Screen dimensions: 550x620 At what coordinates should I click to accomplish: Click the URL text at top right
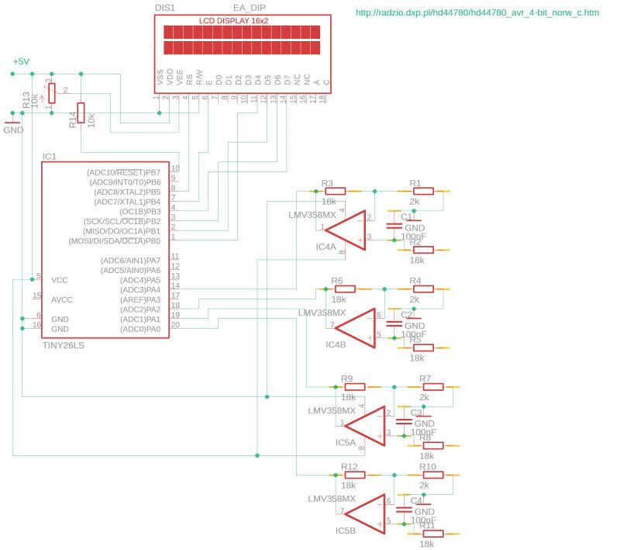477,13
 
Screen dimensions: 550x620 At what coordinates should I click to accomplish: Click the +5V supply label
21,62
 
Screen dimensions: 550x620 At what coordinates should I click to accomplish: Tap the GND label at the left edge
13,130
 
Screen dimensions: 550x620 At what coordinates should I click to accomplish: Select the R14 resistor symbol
81,113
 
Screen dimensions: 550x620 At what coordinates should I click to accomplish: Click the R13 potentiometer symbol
52,93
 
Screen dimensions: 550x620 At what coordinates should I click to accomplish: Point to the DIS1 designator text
165,6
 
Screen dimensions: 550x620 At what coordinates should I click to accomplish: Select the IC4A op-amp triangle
344,230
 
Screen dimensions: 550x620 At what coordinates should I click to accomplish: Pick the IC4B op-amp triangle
354,327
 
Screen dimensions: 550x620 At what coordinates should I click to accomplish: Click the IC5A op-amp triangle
363,425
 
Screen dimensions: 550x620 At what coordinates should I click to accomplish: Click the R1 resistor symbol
425,191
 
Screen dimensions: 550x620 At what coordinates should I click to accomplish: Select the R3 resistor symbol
335,191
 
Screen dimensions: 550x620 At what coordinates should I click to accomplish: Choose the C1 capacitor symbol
394,225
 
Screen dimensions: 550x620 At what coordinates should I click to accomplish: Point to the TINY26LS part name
64,345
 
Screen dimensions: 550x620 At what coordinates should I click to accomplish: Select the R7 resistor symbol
432,386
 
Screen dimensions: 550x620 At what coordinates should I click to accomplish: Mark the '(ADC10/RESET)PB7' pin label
124,172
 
